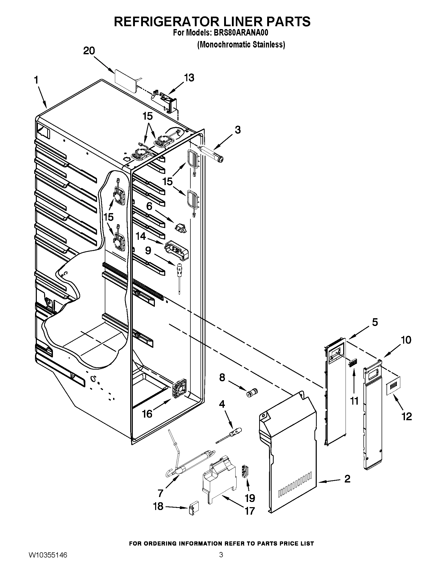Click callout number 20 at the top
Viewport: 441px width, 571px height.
(x=89, y=51)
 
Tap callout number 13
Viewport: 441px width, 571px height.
(x=189, y=78)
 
